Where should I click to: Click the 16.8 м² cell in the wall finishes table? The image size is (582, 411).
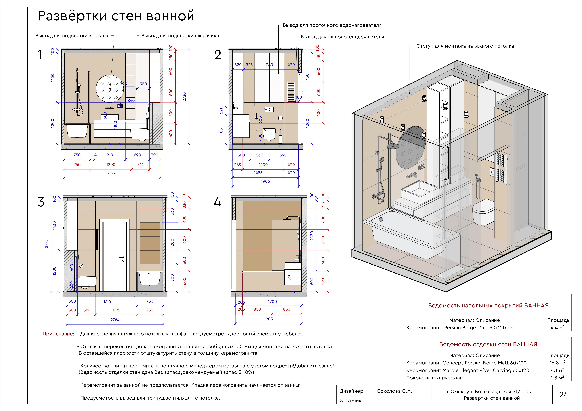coord(557,363)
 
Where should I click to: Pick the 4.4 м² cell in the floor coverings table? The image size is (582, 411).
coord(557,327)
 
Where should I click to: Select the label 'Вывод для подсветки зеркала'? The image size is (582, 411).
coord(72,36)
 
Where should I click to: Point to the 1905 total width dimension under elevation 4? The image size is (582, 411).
coord(268,319)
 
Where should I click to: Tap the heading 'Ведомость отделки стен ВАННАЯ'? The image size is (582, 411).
coord(488,344)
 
